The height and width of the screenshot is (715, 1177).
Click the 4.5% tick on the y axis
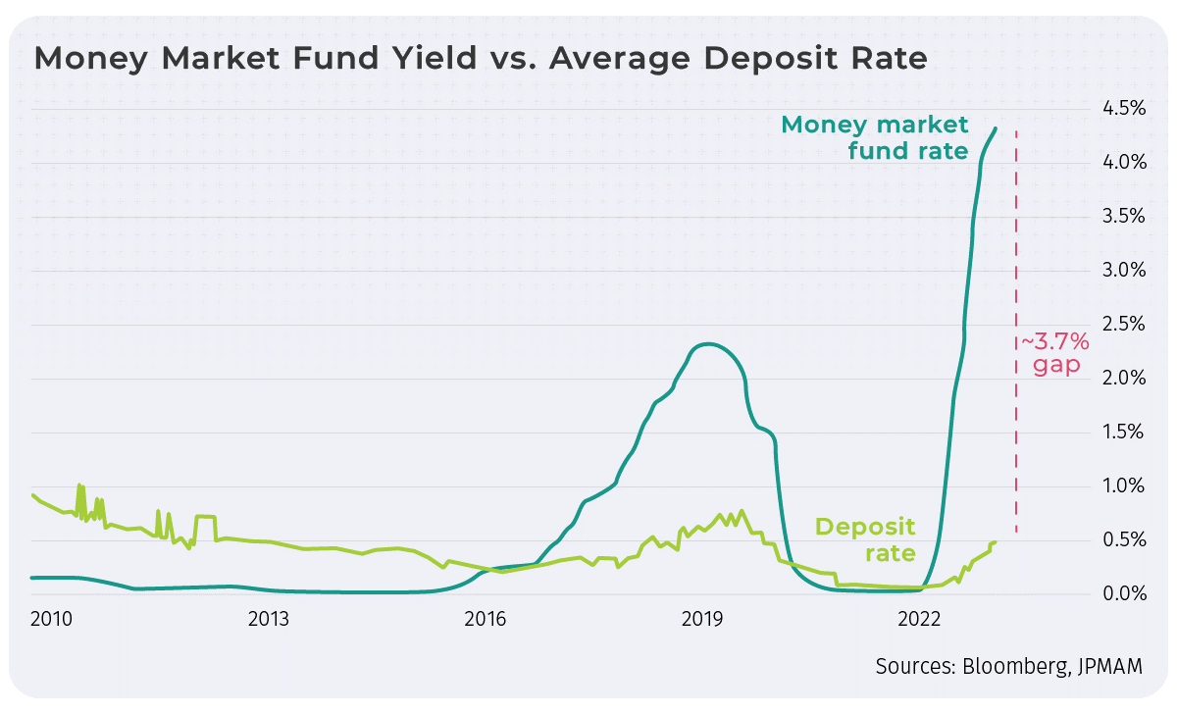tap(1119, 108)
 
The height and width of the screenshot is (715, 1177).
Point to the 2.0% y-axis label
tap(1119, 379)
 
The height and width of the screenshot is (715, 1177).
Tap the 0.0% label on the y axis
tap(1119, 594)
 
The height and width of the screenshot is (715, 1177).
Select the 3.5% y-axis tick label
tap(1119, 217)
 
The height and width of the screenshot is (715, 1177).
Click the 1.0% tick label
tap(1119, 486)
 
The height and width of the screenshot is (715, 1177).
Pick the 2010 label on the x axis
tap(51, 620)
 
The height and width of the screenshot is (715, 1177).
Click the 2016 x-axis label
tap(485, 620)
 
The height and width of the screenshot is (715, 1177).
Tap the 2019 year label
tap(702, 620)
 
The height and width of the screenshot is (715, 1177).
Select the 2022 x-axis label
tap(919, 620)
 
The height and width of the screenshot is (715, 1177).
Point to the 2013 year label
tap(268, 620)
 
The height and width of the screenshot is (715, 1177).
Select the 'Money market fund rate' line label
tap(874, 138)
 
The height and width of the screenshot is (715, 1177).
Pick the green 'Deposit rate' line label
tap(865, 539)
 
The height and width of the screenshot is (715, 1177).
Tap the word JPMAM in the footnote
tap(1110, 667)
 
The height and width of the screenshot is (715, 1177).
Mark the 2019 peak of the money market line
tap(708, 344)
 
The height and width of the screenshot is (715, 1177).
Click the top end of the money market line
tap(996, 128)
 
